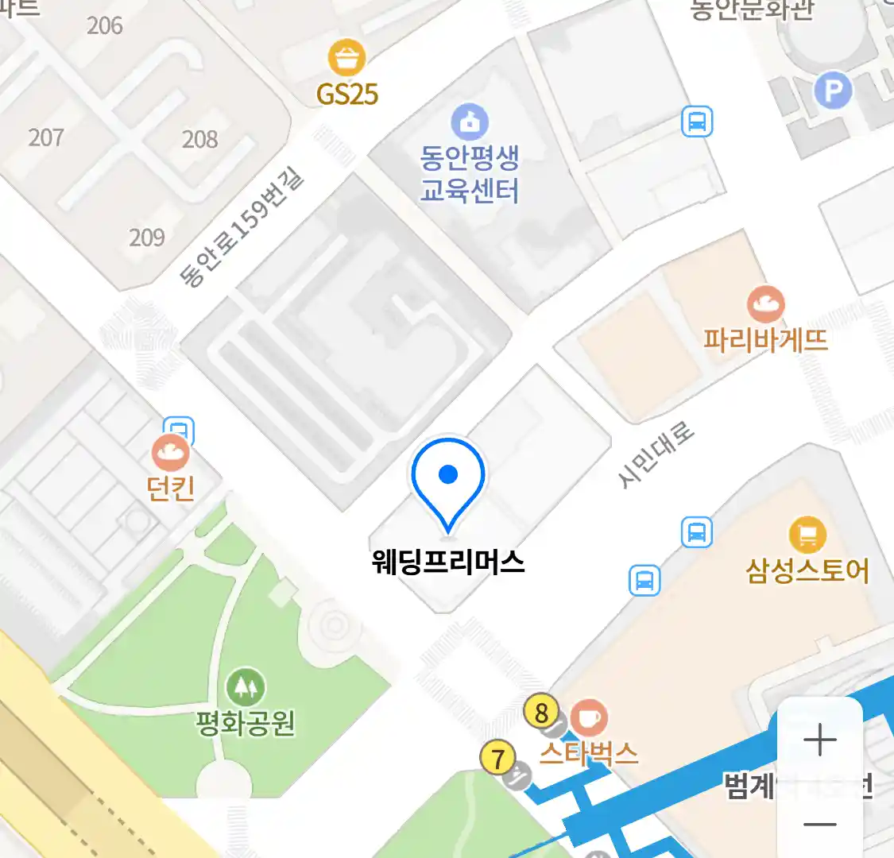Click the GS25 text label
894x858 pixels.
point(347,95)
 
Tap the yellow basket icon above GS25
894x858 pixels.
point(347,58)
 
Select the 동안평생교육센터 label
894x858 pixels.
point(470,174)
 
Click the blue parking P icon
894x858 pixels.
point(833,91)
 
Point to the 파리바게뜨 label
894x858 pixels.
point(765,340)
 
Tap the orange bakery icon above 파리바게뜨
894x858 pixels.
point(765,304)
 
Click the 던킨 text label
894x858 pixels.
point(171,488)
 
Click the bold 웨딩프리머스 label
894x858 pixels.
point(448,562)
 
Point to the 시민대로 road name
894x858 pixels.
point(656,454)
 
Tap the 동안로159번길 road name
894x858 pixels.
point(242,228)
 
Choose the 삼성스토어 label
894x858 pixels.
point(807,570)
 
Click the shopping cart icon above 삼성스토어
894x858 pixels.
point(807,535)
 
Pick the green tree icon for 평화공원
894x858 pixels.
point(246,687)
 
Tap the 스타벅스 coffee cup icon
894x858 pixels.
point(588,718)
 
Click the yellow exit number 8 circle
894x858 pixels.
point(542,713)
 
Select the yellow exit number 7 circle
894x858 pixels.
point(498,758)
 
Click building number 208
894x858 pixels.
point(199,140)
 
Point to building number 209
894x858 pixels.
point(147,237)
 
